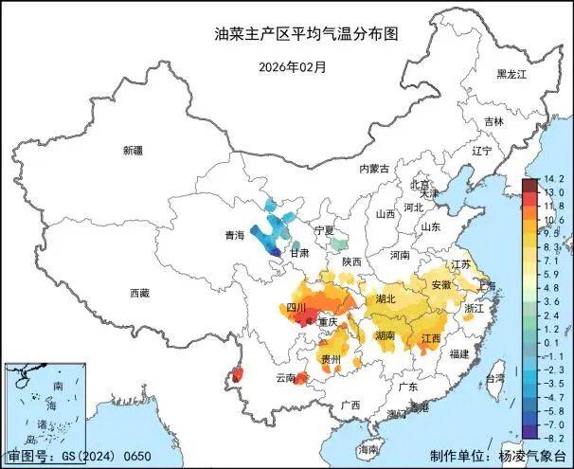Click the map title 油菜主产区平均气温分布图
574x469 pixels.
pyautogui.click(x=305, y=33)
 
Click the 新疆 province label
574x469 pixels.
pyautogui.click(x=133, y=151)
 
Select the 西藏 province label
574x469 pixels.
pyautogui.click(x=139, y=294)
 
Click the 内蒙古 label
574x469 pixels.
pyautogui.click(x=373, y=169)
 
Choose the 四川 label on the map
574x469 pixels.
pyautogui.click(x=296, y=308)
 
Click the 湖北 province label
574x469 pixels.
pyautogui.click(x=386, y=298)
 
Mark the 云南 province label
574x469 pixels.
pyautogui.click(x=285, y=378)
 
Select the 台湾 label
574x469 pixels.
pyautogui.click(x=493, y=378)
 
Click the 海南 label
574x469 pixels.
pyautogui.click(x=368, y=448)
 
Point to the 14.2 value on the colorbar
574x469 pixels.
pyautogui.click(x=554, y=180)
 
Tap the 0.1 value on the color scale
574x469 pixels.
pyautogui.click(x=554, y=342)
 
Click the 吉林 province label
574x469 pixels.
pyautogui.click(x=493, y=121)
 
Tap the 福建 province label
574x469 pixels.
pyautogui.click(x=459, y=353)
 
